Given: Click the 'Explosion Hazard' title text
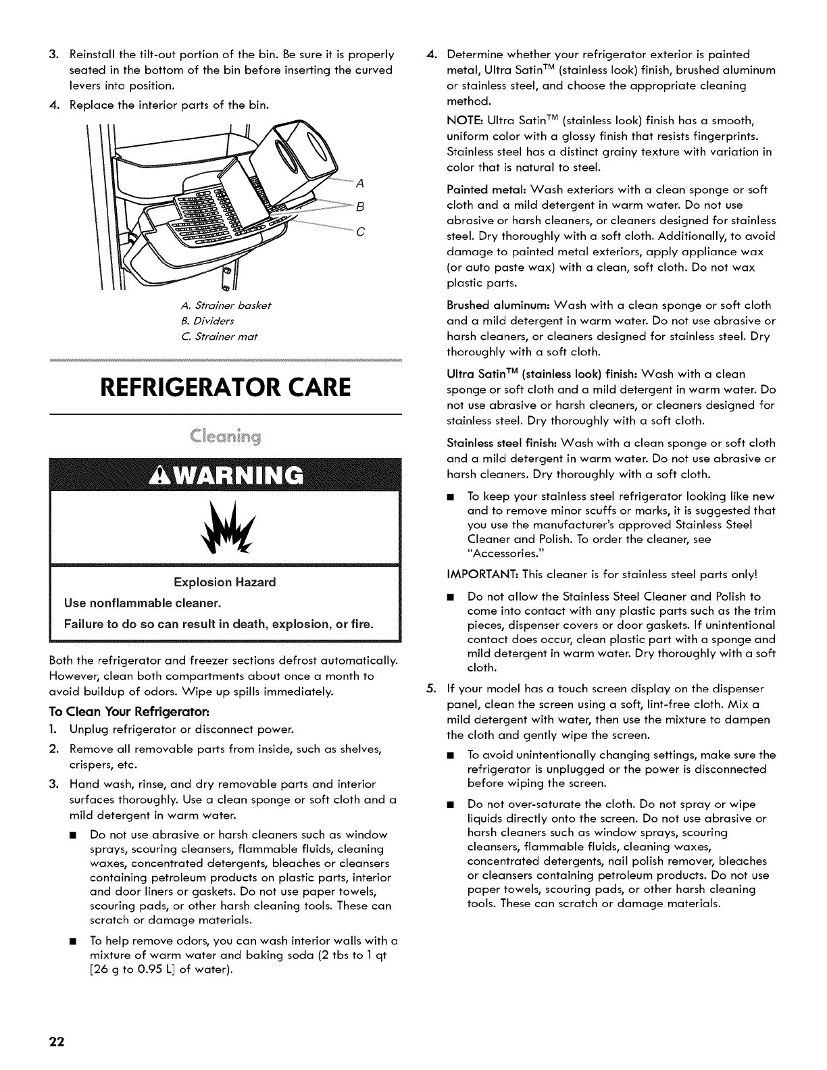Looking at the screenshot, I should coord(224,582).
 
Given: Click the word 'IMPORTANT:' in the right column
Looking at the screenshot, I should coord(476,575).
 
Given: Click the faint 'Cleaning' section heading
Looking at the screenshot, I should coord(225,433).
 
